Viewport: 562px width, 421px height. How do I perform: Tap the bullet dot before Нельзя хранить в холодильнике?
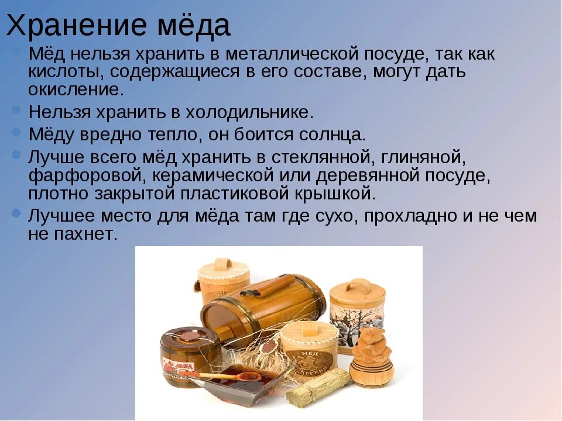point(17,110)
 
